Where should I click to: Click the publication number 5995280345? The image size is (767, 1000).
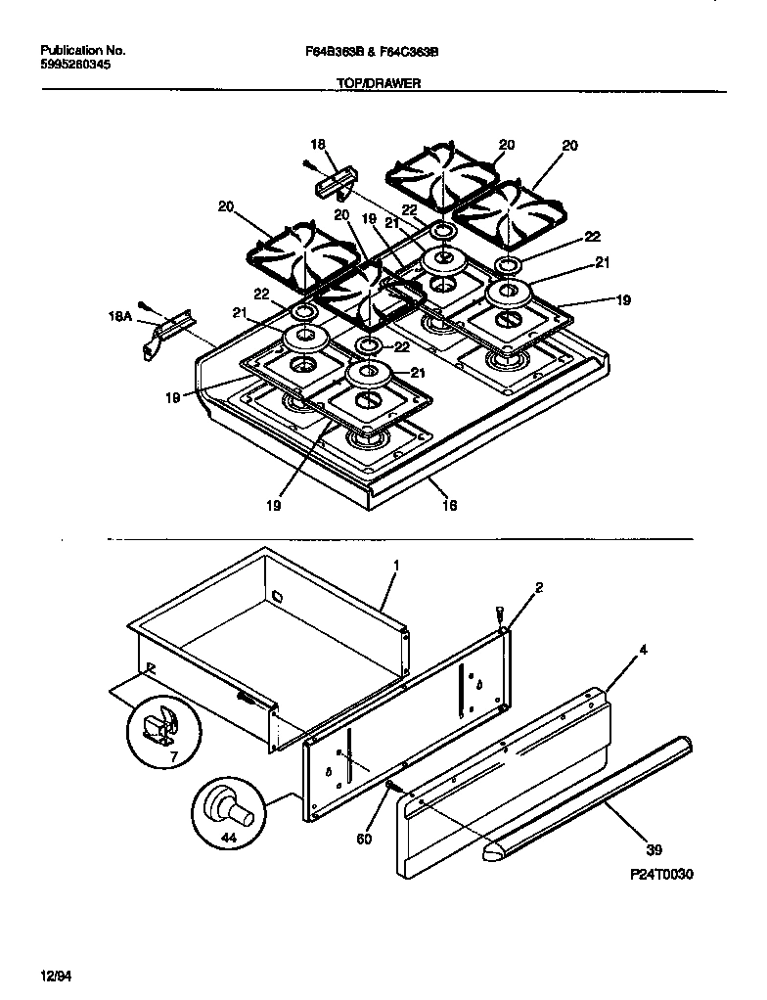pos(75,66)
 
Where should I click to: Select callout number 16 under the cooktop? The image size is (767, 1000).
pos(449,506)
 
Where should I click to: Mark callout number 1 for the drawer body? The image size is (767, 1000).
pos(396,568)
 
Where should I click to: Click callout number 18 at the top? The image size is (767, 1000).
pos(317,142)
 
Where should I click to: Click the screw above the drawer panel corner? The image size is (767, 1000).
pos(502,614)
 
